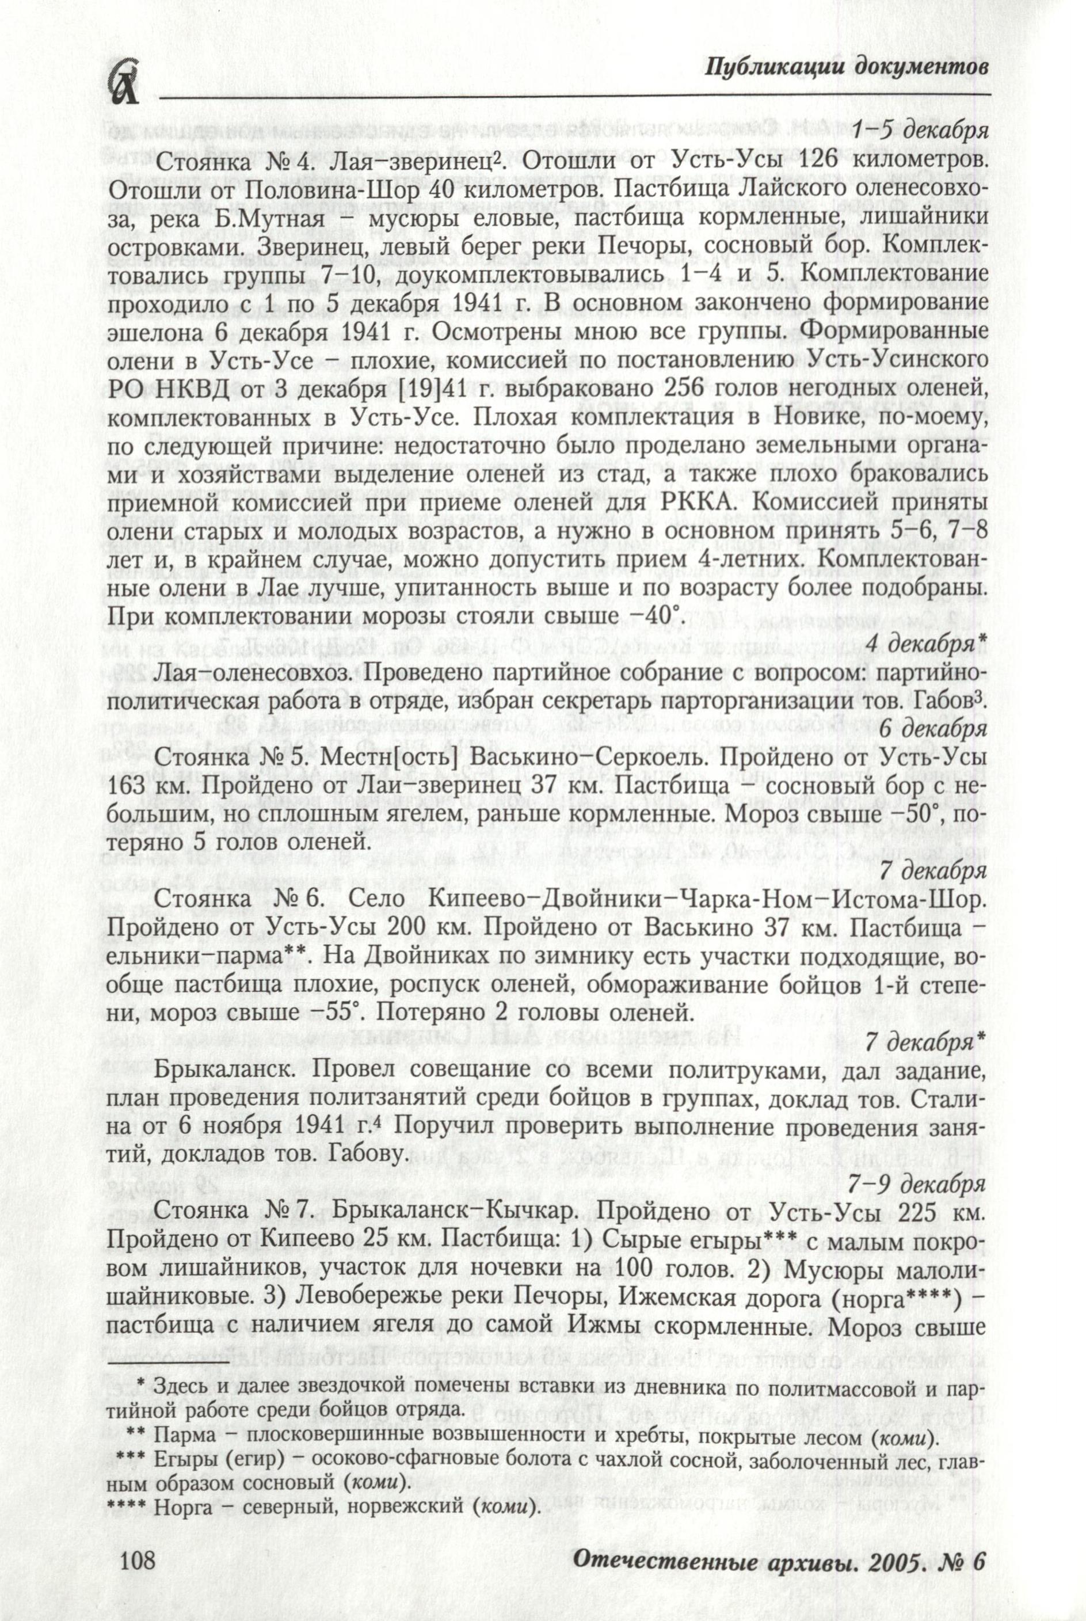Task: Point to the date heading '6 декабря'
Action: click(x=932, y=729)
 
